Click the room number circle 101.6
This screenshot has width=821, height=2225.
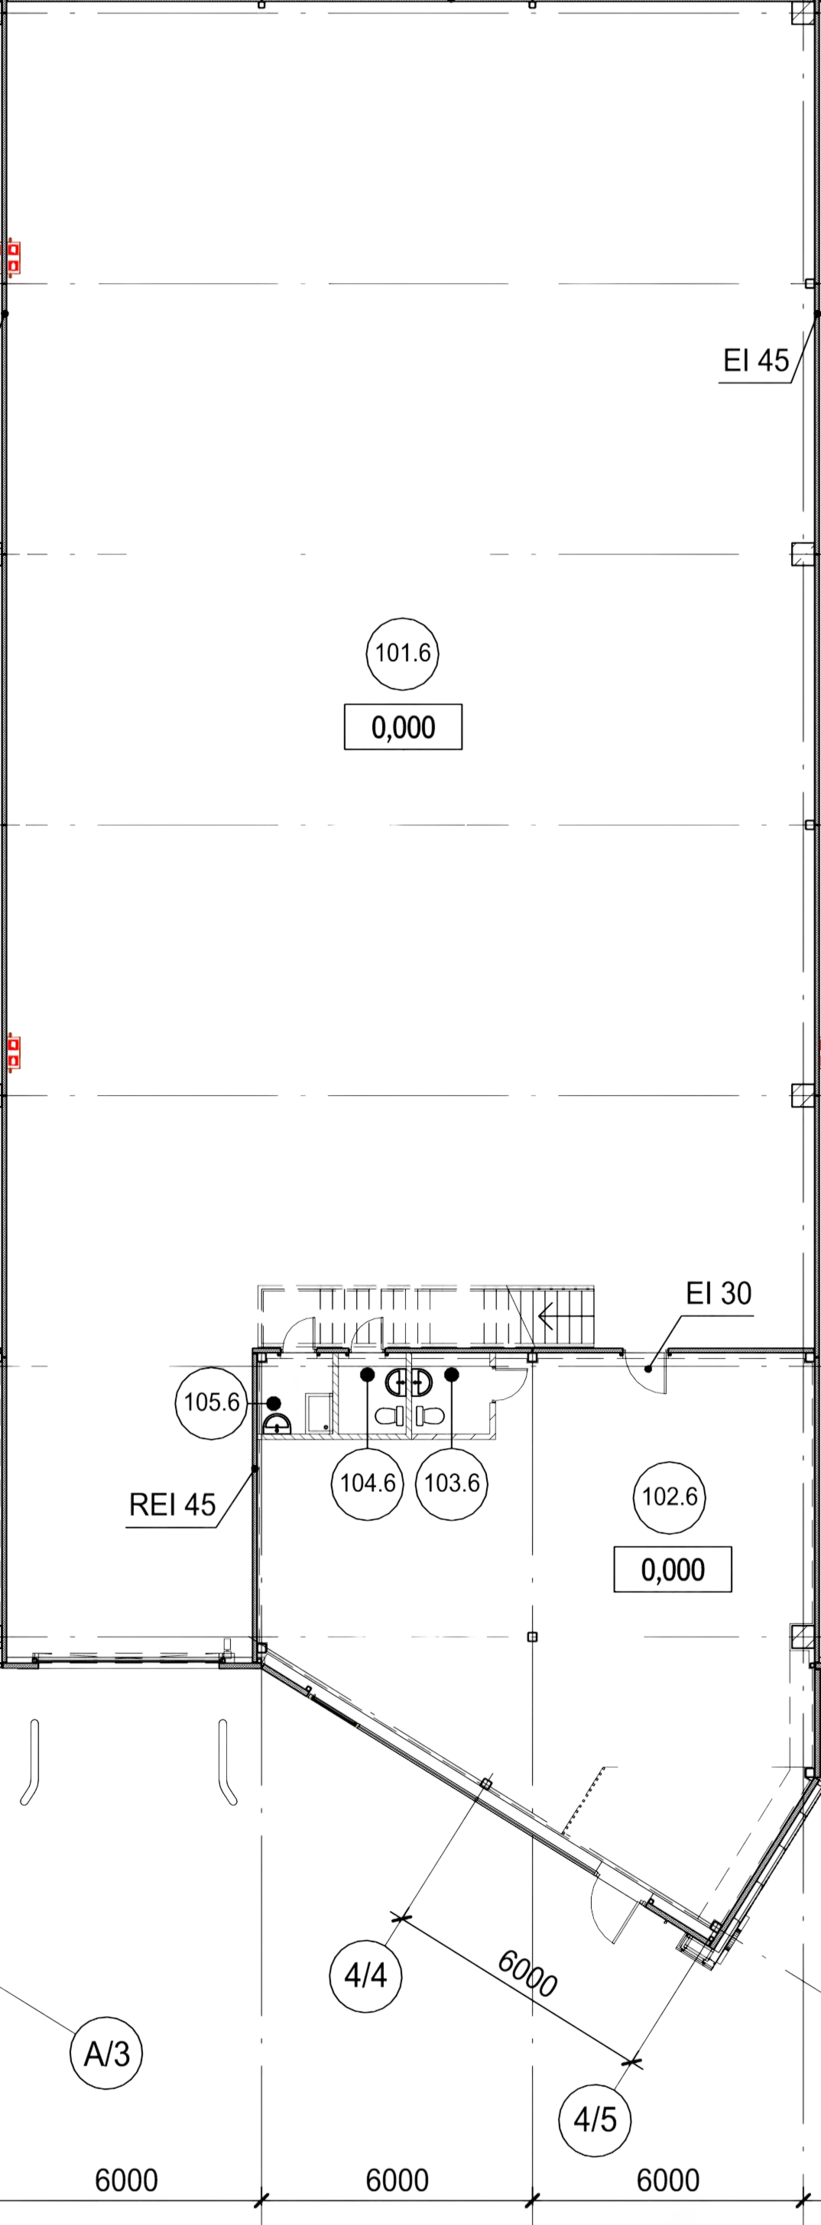[x=404, y=653]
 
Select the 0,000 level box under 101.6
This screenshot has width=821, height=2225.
[x=404, y=727]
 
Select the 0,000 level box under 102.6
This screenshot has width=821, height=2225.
[x=673, y=1569]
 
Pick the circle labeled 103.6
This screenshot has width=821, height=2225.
[x=453, y=1484]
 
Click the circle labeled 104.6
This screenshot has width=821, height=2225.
[x=369, y=1484]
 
